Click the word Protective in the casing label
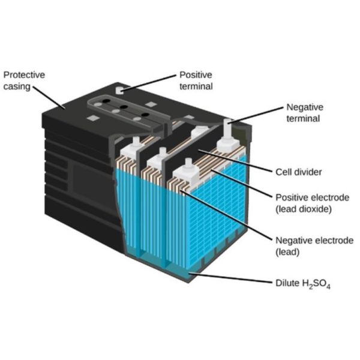tap(24, 75)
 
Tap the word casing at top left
tap(17, 87)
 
